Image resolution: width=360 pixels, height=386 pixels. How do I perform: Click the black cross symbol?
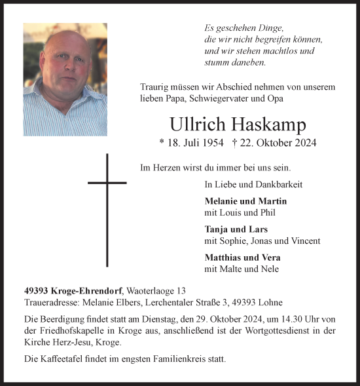pos(107,209)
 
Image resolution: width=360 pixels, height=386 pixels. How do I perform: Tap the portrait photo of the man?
pos(65,79)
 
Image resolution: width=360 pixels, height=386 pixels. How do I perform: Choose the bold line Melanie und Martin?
pos(245,201)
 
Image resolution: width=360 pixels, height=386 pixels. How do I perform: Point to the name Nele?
pos(270,268)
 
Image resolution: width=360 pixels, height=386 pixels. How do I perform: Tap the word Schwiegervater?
pos(210,98)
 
